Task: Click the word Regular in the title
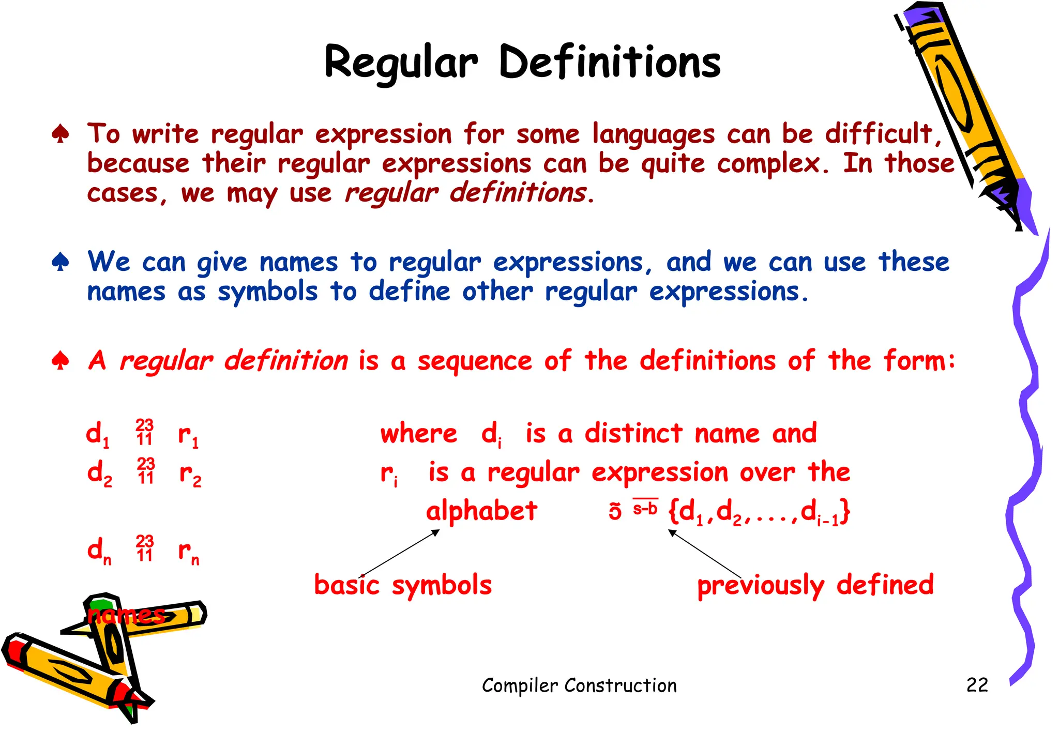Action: tap(401, 63)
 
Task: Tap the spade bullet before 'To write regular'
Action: tap(60, 134)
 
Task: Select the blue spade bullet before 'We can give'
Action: tap(60, 262)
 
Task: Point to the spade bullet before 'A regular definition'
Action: tap(60, 361)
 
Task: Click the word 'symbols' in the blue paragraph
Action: tap(267, 292)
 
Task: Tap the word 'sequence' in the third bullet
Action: tap(474, 362)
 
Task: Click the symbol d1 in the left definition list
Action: tap(97, 434)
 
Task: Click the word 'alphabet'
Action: tap(481, 511)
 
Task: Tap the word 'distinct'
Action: tap(633, 433)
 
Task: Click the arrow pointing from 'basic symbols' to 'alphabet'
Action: tap(399, 553)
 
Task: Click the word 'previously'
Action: tap(760, 586)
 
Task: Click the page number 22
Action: tap(977, 685)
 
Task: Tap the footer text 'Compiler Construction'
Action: tap(579, 685)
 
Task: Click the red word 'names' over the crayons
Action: tap(126, 615)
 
